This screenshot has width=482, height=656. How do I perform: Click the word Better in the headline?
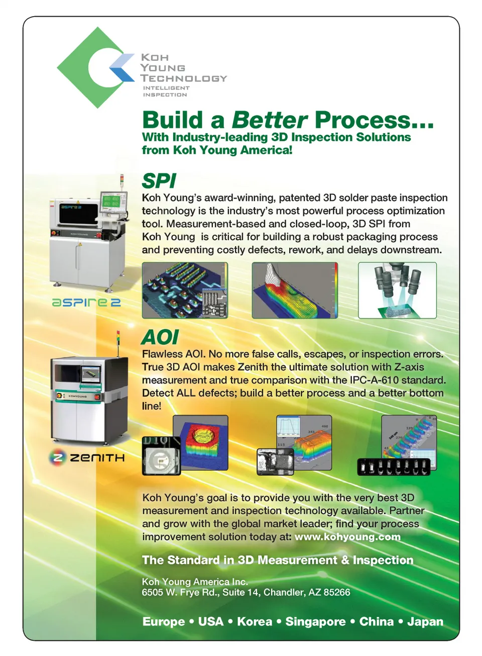[x=270, y=120]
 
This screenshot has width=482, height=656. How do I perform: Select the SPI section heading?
[x=159, y=180]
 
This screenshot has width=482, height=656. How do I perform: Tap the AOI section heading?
[x=160, y=337]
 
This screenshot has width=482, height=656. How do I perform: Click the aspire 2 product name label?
[x=86, y=302]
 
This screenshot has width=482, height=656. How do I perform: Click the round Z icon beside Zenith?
[x=57, y=457]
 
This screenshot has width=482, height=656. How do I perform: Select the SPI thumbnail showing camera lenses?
[x=397, y=290]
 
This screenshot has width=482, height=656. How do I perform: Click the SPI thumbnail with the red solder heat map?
[x=295, y=290]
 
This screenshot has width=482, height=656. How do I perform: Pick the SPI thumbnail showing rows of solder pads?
[x=185, y=290]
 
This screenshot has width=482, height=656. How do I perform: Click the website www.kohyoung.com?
[x=347, y=537]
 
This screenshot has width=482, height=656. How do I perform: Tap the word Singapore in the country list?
[x=315, y=621]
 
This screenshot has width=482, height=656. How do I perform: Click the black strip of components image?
[x=394, y=467]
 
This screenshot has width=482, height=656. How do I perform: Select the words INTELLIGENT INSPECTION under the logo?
[x=166, y=91]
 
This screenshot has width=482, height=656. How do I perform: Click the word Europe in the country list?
[x=164, y=621]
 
